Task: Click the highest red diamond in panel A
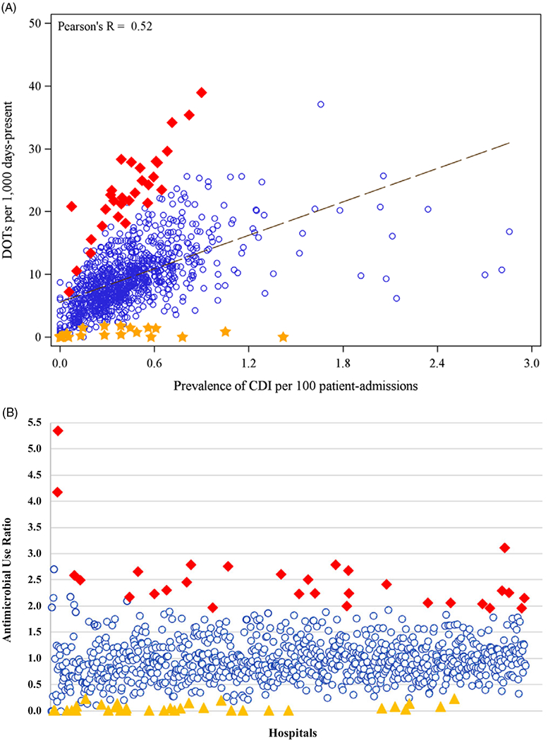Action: [x=202, y=92]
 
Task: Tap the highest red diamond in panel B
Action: [x=58, y=431]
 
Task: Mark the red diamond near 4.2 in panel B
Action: [x=58, y=492]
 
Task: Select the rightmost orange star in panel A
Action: [x=284, y=337]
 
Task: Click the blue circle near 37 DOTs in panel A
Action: [x=321, y=104]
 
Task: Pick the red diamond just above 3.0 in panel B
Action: [x=504, y=548]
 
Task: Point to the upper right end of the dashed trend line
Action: [x=509, y=142]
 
